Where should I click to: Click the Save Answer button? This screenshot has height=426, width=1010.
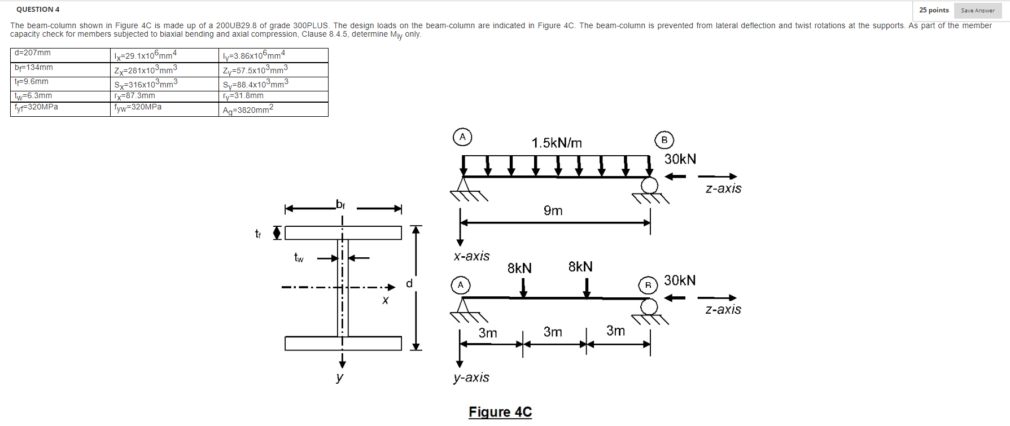977,10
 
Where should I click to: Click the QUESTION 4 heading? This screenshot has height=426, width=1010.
38,10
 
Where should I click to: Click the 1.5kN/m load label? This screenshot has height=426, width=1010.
557,143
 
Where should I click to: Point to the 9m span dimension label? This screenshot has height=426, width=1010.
553,210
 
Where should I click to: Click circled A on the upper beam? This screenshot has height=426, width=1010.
462,137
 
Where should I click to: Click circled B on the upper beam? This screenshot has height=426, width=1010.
664,140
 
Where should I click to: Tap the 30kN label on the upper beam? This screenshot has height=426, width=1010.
680,159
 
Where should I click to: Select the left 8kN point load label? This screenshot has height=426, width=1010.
519,268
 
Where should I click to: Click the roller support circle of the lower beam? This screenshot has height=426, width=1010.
649,306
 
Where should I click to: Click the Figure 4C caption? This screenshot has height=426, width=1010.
500,412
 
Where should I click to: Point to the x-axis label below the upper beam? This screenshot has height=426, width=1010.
471,256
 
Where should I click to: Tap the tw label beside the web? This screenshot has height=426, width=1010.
299,258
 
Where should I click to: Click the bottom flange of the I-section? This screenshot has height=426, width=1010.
343,343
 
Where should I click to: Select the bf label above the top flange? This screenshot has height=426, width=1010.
340,204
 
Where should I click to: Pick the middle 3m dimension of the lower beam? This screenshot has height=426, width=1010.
553,332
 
